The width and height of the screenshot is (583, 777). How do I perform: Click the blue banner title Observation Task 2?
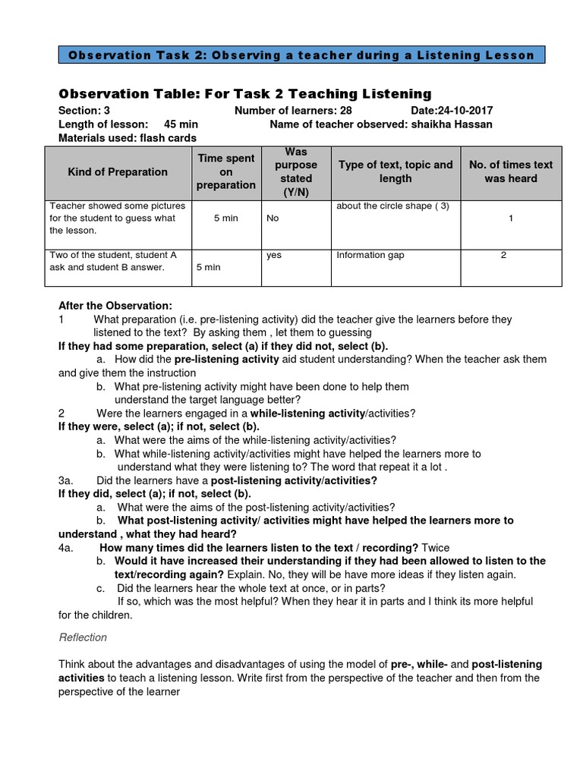(301, 55)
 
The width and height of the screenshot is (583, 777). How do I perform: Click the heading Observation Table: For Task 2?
(244, 94)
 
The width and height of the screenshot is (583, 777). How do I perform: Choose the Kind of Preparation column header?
(118, 171)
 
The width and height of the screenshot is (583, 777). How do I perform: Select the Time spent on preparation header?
(226, 171)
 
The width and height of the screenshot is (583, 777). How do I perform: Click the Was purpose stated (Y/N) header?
(296, 171)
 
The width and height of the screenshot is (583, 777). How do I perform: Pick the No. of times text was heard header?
(511, 171)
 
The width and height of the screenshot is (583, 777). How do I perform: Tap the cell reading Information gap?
(370, 255)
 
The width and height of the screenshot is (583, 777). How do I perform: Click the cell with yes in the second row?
(274, 255)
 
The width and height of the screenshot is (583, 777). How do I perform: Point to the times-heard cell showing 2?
(503, 255)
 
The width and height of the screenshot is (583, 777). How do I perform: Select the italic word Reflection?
(83, 637)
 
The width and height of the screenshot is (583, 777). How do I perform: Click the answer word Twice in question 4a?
(436, 547)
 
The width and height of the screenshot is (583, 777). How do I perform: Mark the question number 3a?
(66, 481)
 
